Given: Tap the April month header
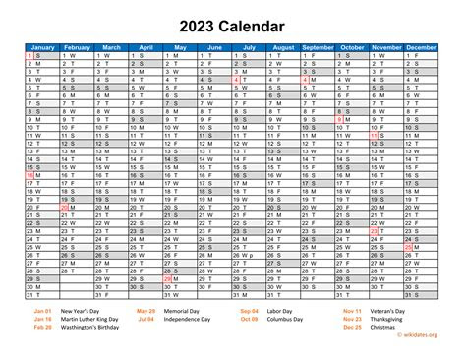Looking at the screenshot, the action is [x=146, y=47].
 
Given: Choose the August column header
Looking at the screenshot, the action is [x=283, y=47].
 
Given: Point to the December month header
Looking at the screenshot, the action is [x=422, y=47].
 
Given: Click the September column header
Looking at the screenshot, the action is [x=318, y=47].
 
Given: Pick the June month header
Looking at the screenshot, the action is [x=214, y=47].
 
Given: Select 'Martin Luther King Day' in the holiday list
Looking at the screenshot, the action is [x=96, y=319].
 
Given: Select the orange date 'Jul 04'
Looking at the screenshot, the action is [x=146, y=319].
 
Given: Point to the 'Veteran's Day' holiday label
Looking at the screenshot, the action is [x=389, y=311].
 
